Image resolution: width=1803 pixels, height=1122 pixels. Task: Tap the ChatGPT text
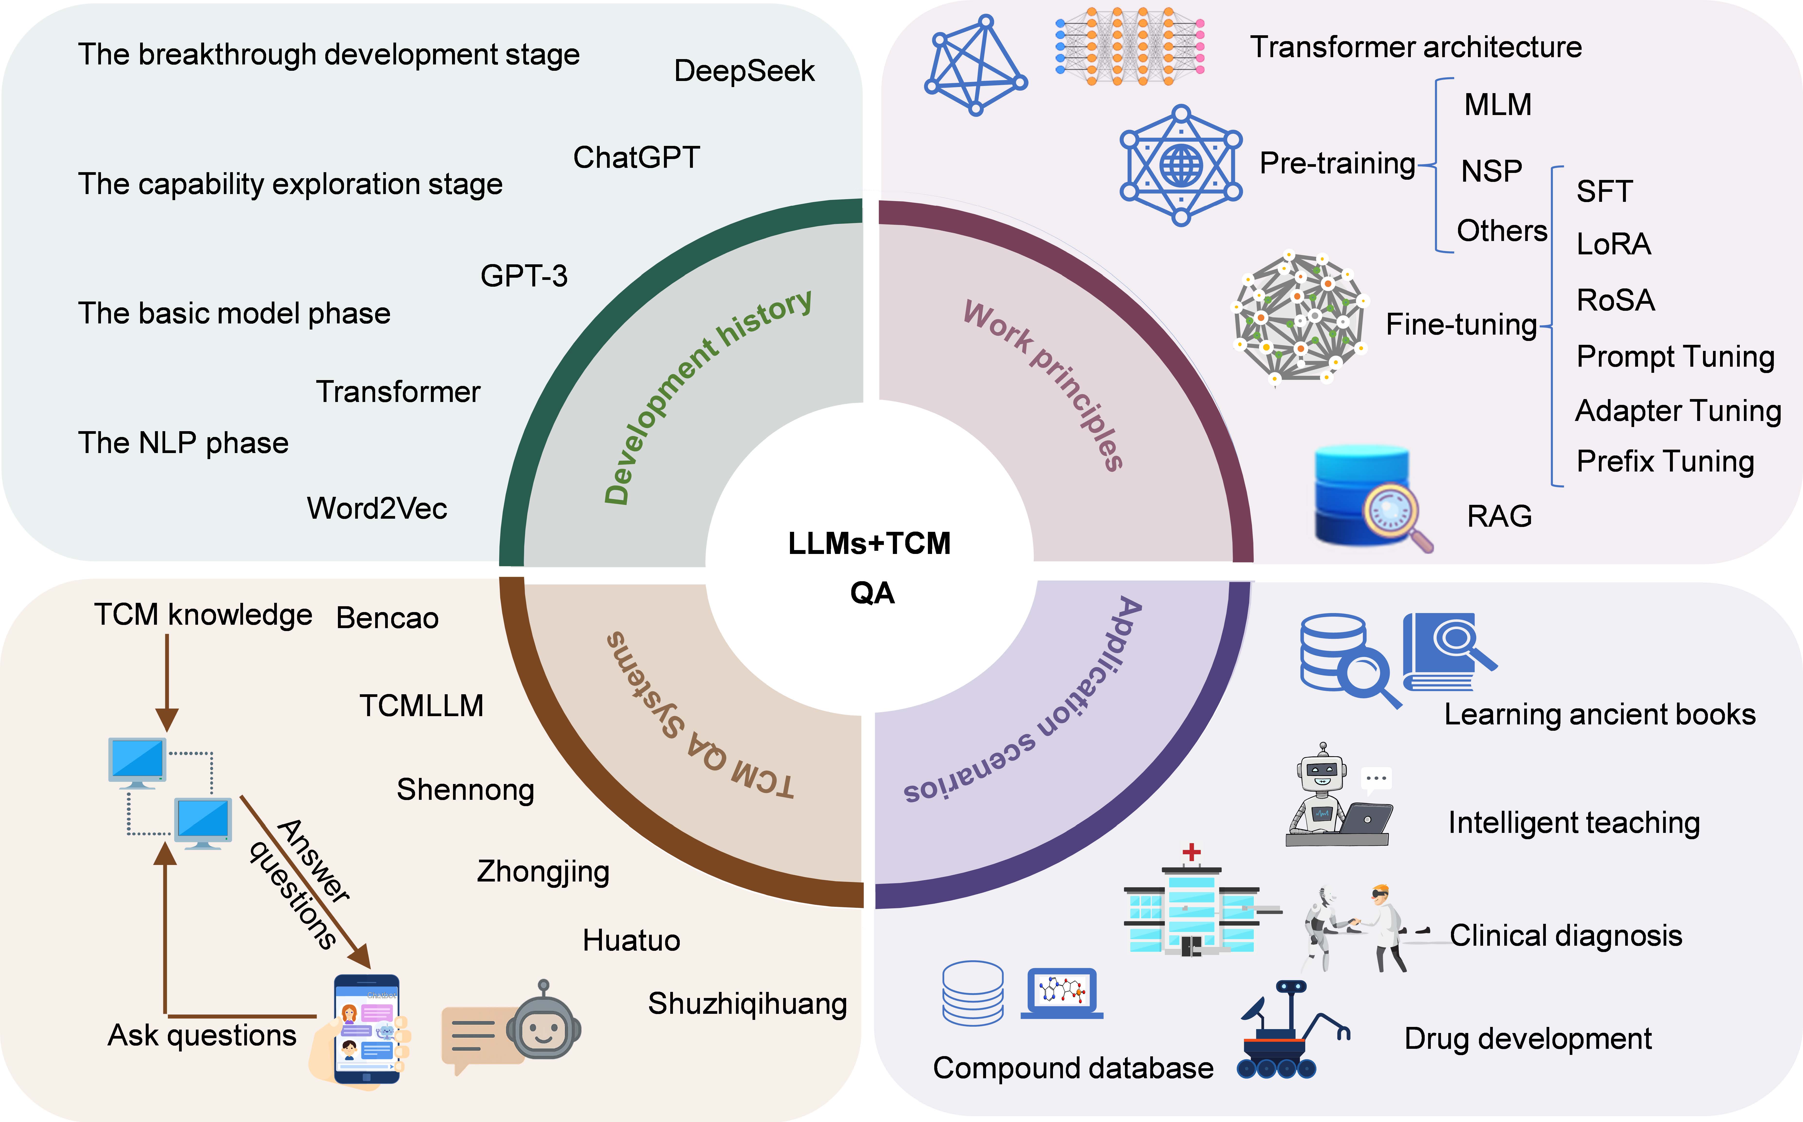coord(636,157)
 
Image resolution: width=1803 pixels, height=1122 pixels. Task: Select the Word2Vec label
coord(377,508)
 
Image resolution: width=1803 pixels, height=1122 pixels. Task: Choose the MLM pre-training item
coord(1497,105)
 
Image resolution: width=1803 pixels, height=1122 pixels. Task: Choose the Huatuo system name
coord(631,940)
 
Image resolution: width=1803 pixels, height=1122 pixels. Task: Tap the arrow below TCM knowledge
coord(167,683)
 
